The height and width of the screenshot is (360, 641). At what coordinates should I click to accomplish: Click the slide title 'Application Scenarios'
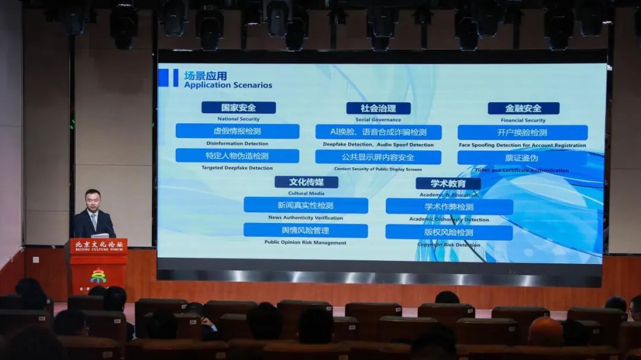pyautogui.click(x=228, y=85)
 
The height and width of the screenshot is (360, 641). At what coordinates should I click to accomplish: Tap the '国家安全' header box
pyautogui.click(x=239, y=107)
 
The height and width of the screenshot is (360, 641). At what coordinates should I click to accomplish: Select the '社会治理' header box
pyautogui.click(x=378, y=108)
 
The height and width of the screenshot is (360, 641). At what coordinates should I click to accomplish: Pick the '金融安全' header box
pyautogui.click(x=523, y=108)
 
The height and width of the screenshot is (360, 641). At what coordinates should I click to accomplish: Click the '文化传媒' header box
pyautogui.click(x=306, y=182)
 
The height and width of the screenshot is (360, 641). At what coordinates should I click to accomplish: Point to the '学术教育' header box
pyautogui.click(x=448, y=183)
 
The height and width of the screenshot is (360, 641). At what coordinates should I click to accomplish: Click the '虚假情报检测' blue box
pyautogui.click(x=237, y=131)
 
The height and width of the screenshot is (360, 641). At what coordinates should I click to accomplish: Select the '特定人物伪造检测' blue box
pyautogui.click(x=237, y=156)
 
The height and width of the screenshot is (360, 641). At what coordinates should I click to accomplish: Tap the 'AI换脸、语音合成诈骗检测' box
pyautogui.click(x=378, y=132)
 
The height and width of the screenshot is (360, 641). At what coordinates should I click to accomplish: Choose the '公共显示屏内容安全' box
pyautogui.click(x=378, y=157)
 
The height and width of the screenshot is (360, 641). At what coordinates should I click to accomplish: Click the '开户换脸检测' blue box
pyautogui.click(x=522, y=132)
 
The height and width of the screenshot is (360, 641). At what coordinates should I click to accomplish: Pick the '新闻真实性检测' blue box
pyautogui.click(x=306, y=205)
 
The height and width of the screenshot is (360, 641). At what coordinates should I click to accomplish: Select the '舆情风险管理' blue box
pyautogui.click(x=306, y=230)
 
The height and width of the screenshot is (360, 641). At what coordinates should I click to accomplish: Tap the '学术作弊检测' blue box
pyautogui.click(x=449, y=206)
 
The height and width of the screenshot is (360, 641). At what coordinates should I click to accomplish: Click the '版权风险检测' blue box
pyautogui.click(x=449, y=232)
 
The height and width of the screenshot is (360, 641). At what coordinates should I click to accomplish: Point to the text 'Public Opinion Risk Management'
pyautogui.click(x=306, y=243)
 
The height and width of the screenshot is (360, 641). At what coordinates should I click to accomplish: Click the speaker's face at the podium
pyautogui.click(x=92, y=201)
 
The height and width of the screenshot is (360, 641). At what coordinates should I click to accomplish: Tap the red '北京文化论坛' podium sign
pyautogui.click(x=99, y=246)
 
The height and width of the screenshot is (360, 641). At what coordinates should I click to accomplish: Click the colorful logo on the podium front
pyautogui.click(x=98, y=276)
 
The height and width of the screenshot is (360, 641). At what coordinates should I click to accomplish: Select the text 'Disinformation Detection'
pyautogui.click(x=237, y=144)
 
